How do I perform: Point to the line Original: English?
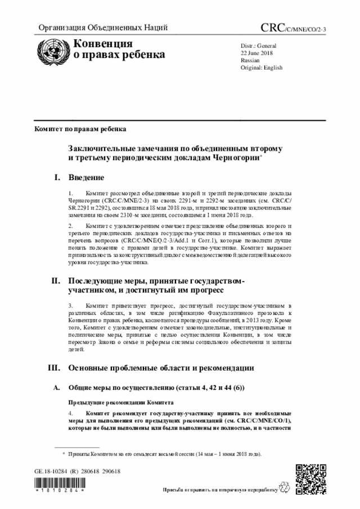click(x=262, y=67)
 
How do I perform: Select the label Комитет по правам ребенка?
click(x=80, y=129)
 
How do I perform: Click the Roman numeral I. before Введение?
click(x=57, y=178)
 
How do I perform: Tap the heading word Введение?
click(x=86, y=178)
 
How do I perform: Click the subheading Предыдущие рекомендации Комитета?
click(x=121, y=403)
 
